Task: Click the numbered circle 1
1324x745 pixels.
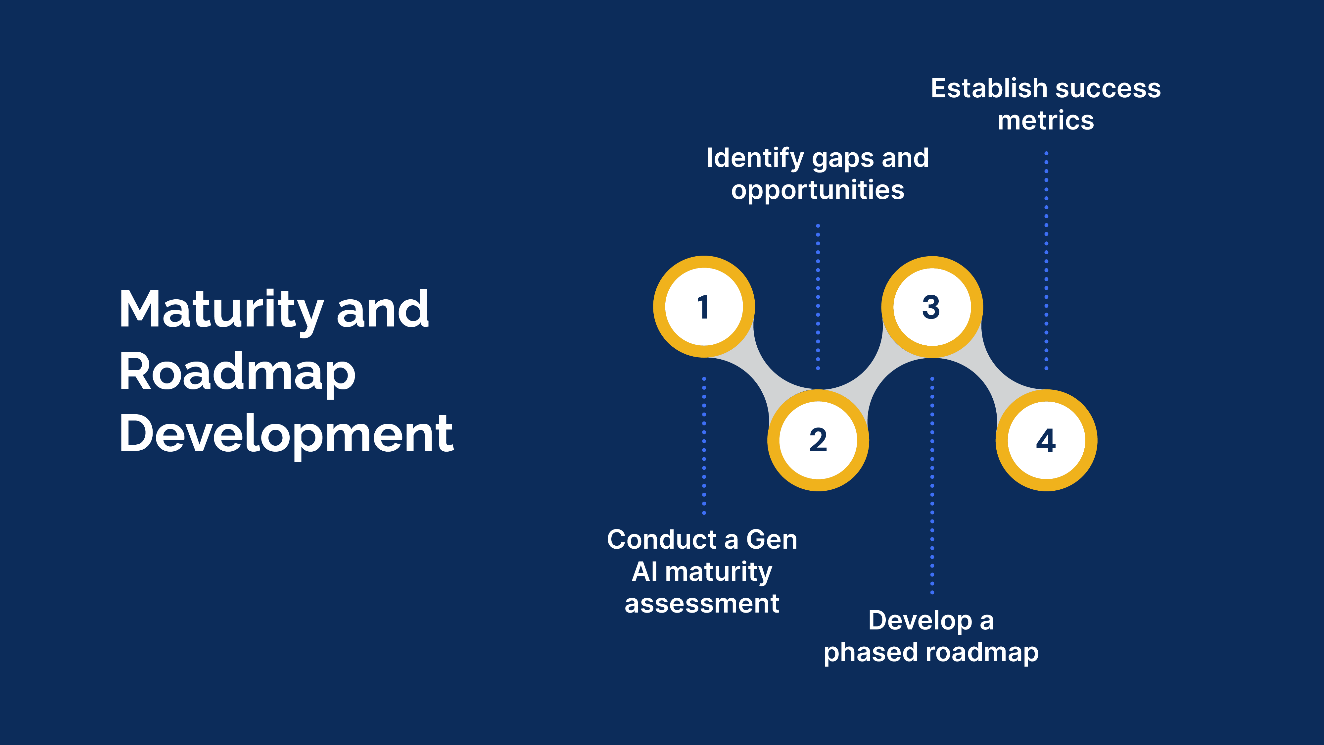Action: click(704, 307)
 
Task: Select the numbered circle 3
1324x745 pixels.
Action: click(932, 307)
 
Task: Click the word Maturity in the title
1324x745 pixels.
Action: click(221, 310)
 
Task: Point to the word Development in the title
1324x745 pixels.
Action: click(286, 434)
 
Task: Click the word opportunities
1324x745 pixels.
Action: click(818, 190)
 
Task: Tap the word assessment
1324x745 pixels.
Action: click(702, 604)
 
